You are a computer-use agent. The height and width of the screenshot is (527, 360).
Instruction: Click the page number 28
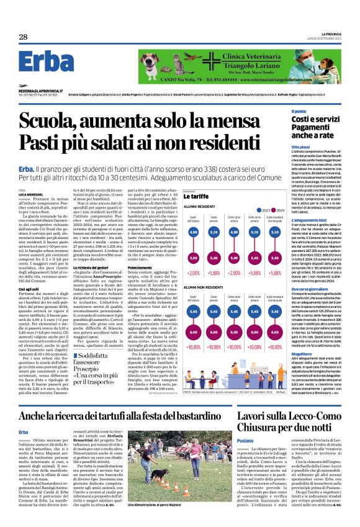click(23, 37)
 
